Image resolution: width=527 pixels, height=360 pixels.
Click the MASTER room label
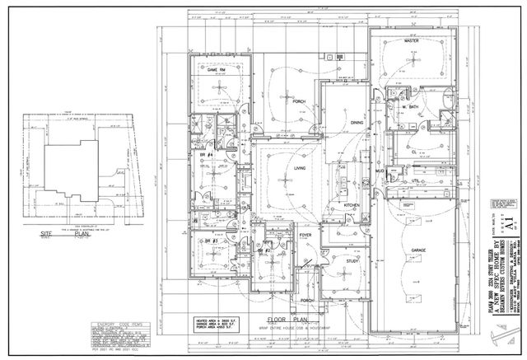(x=413, y=40)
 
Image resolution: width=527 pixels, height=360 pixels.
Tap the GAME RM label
(x=217, y=70)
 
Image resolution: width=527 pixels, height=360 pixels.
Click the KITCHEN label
(x=352, y=204)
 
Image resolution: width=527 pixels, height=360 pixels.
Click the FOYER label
(x=305, y=236)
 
